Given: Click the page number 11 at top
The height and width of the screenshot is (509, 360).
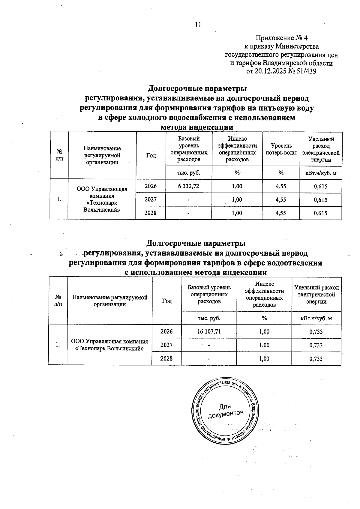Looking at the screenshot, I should pyautogui.click(x=198, y=25).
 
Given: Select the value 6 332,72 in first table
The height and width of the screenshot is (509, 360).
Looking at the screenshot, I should pyautogui.click(x=188, y=186).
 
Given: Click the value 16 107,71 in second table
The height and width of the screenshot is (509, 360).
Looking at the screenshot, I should pyautogui.click(x=209, y=331).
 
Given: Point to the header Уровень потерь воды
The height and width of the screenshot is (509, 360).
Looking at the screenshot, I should pyautogui.click(x=281, y=149).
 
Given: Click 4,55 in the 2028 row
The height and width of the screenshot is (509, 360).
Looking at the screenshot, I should pyautogui.click(x=281, y=213).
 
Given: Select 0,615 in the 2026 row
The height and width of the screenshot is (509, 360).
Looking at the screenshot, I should pyautogui.click(x=320, y=186).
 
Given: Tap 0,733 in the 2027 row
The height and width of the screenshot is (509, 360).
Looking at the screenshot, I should pyautogui.click(x=316, y=345).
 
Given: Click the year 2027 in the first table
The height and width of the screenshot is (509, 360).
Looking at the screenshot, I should pyautogui.click(x=151, y=200).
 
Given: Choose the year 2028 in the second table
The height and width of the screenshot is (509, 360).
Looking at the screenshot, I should pyautogui.click(x=166, y=358).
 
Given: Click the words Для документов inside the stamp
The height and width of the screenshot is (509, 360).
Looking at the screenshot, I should pyautogui.click(x=225, y=410).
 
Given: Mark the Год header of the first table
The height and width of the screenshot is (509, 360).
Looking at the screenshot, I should pyautogui.click(x=151, y=155).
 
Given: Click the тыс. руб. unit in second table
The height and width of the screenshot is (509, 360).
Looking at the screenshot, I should pyautogui.click(x=209, y=318).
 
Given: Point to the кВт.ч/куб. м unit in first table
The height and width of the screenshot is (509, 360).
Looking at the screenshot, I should pyautogui.click(x=320, y=173).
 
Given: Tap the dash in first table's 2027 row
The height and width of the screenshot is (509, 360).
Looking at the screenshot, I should pyautogui.click(x=188, y=200).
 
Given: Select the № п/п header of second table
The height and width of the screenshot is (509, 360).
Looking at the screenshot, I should pyautogui.click(x=58, y=300).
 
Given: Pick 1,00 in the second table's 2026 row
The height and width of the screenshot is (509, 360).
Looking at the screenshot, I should pyautogui.click(x=264, y=331).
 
